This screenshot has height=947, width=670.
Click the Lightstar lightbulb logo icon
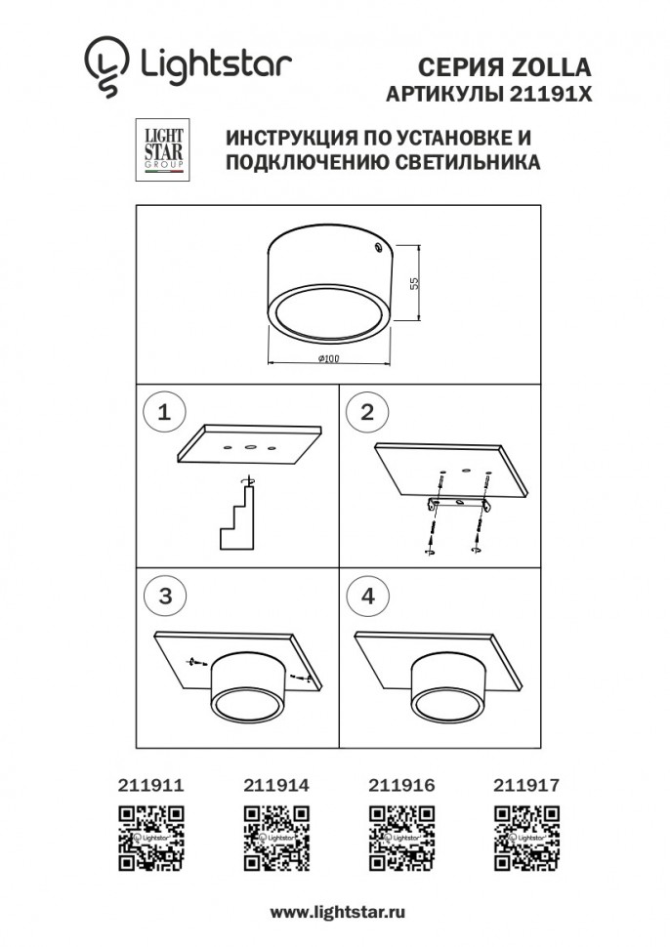[x=105, y=65]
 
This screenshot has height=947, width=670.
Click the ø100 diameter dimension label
[x=328, y=360]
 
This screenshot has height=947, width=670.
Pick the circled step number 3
[x=164, y=597]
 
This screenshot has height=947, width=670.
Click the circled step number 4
[x=367, y=597]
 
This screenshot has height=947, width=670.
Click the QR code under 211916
[x=401, y=837]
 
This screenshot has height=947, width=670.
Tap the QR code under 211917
[x=526, y=837]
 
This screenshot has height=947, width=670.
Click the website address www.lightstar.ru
[x=337, y=911]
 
